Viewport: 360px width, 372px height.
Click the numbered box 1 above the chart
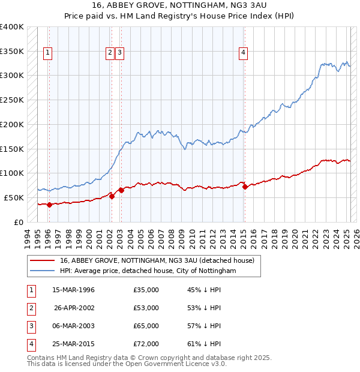coord(47,53)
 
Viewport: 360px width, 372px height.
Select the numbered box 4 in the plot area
coord(244,53)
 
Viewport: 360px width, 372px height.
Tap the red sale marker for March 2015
coord(245,187)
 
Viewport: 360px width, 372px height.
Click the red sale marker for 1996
coord(49,205)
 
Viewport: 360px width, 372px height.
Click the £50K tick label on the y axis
coord(14,197)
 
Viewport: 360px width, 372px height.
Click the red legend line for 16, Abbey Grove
coord(43,260)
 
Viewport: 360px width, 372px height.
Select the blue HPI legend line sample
coord(43,271)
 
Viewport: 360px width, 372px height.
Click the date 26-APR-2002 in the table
coord(74,308)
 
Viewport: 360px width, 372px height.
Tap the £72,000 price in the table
coord(146,344)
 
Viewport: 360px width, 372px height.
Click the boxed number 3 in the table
coord(30,326)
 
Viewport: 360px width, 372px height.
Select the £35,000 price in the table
coord(146,290)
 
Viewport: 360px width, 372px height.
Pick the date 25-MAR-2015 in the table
coord(74,344)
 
